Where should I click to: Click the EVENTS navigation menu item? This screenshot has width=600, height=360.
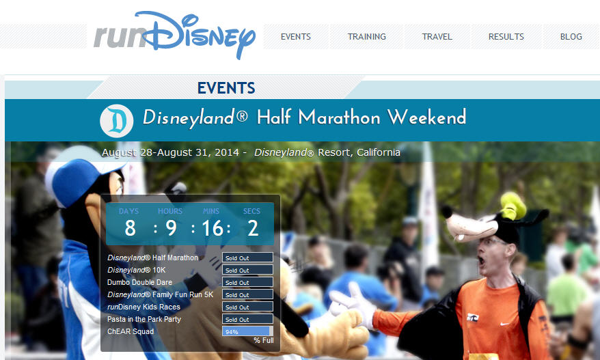coord(295,37)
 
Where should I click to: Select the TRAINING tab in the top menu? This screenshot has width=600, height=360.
coord(366,37)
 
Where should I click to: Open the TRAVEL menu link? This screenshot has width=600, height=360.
coord(437,37)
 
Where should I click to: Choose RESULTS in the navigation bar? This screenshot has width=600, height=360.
coord(506,37)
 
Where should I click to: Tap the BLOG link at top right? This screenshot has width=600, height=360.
coord(571,37)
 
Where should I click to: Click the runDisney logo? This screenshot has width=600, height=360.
coord(174,34)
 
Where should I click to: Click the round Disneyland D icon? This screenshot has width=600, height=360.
coord(117,121)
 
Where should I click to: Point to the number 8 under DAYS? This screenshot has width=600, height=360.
coord(130,228)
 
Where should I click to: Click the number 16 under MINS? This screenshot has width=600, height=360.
coord(213,228)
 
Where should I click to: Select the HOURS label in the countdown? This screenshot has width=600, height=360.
coord(170,211)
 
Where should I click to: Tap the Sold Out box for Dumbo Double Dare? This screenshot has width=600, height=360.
coord(247,282)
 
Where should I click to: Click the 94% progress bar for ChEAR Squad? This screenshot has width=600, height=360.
coord(247,331)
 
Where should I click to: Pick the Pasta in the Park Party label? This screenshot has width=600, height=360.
coord(144,319)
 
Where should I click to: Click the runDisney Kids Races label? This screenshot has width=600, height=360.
coord(144,307)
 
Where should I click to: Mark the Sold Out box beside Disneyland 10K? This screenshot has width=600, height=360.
coord(247,270)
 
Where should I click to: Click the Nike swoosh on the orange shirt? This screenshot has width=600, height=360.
coord(505,324)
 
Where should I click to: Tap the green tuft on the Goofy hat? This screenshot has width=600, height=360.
coord(514,206)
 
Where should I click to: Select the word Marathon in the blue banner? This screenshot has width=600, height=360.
coord(340,117)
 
